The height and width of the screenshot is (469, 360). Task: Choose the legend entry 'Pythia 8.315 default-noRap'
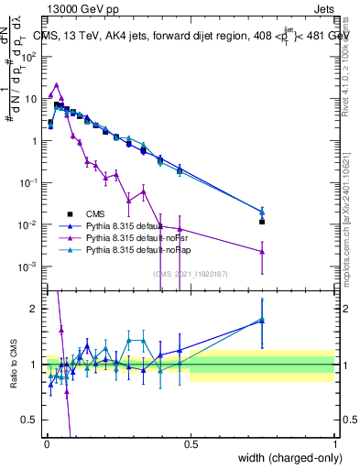coord(158,249)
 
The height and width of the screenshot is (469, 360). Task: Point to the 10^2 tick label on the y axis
coord(30,57)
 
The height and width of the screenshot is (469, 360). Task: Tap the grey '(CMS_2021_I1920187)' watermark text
coord(191,272)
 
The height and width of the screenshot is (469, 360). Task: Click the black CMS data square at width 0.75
coord(262,222)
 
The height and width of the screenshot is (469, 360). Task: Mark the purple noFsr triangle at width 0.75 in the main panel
coord(262,251)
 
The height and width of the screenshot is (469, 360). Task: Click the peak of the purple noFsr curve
coord(57,84)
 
